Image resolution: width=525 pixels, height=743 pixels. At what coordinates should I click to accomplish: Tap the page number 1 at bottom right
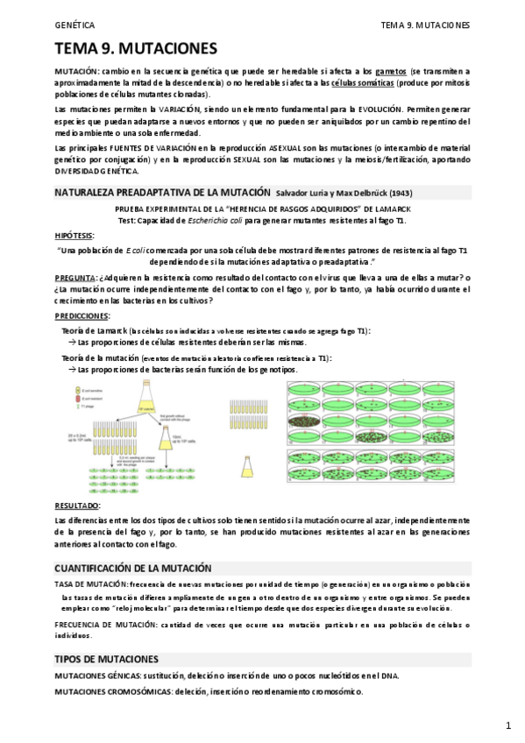[507, 725]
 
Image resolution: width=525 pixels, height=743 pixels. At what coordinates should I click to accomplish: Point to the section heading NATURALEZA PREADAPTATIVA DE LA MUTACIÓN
[161, 191]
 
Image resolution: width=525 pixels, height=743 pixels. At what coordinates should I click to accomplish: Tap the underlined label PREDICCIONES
[82, 315]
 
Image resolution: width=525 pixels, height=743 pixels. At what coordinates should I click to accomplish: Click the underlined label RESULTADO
[77, 506]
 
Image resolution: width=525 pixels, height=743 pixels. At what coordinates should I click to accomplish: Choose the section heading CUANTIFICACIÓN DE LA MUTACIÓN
[145, 568]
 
